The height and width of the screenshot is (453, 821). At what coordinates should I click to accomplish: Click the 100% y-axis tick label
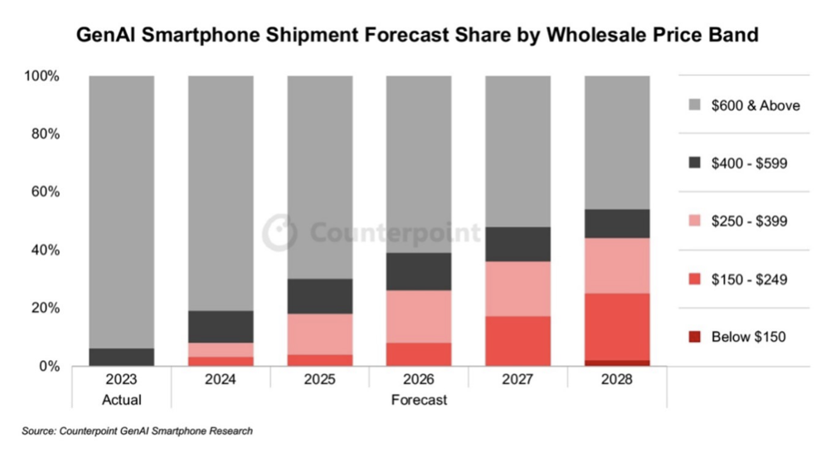(41, 76)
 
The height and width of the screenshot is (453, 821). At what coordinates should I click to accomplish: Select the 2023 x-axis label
(122, 380)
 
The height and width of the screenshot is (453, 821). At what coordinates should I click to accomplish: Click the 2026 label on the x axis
(419, 380)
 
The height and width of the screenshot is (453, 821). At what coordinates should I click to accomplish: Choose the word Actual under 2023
(122, 400)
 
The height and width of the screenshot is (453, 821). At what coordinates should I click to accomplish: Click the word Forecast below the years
(419, 400)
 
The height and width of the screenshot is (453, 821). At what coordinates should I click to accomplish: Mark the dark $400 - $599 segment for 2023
(122, 357)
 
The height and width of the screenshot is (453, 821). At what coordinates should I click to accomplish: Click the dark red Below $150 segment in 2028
(617, 363)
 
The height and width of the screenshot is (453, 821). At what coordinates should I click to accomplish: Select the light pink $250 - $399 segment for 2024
(221, 349)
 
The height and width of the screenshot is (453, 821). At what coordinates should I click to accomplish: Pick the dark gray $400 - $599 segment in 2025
(320, 296)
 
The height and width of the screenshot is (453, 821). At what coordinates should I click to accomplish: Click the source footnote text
(138, 431)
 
